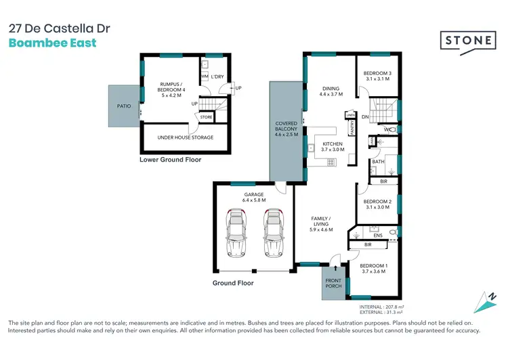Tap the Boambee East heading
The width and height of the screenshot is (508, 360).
point(52,43)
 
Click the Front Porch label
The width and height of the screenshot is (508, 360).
point(334,283)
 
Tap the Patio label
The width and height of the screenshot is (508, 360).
point(123,106)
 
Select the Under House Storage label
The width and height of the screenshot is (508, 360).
point(185,137)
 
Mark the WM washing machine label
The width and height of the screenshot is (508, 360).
point(204,76)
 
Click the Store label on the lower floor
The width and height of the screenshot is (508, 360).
point(206,117)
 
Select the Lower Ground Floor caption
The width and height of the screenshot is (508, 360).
point(170,160)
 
